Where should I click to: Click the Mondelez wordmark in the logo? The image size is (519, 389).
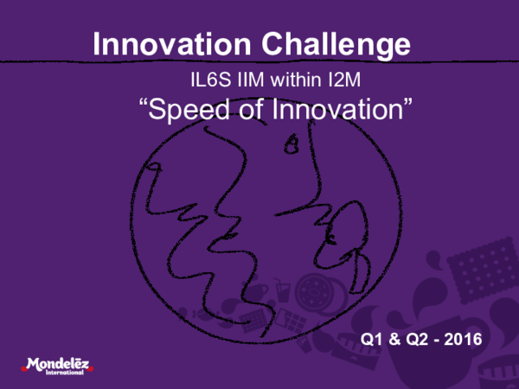tap(56, 363)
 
